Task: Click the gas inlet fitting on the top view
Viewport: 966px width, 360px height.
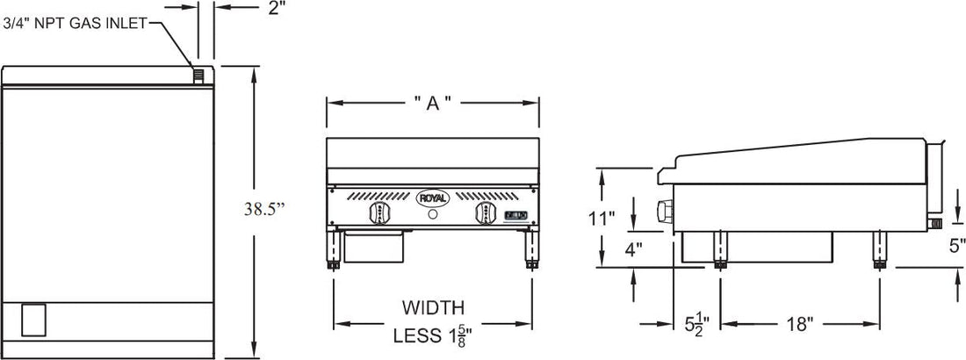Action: [199, 76]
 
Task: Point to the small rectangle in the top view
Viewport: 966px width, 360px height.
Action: [32, 319]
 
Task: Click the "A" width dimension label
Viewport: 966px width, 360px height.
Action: [432, 103]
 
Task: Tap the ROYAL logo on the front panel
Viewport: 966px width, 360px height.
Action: [432, 198]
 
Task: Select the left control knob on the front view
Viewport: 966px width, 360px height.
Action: [380, 214]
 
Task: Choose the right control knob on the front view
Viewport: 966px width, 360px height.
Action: [485, 214]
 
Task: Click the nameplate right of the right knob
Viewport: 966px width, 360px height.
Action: [517, 213]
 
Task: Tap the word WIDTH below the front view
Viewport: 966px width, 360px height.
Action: [432, 308]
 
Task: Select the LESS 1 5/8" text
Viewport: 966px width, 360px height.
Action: [432, 334]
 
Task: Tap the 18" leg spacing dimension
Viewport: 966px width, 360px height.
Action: [800, 324]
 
